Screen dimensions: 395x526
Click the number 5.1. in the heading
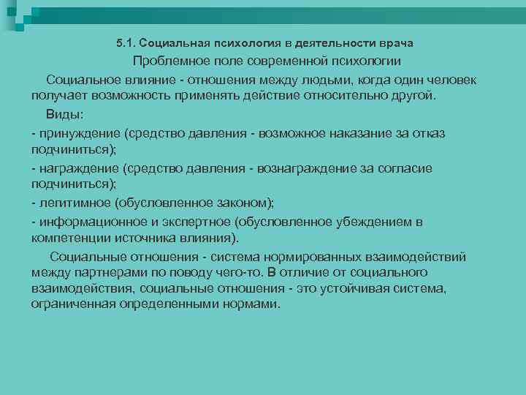[126, 44]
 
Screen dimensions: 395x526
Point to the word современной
[292, 61]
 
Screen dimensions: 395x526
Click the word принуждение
[80, 133]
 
